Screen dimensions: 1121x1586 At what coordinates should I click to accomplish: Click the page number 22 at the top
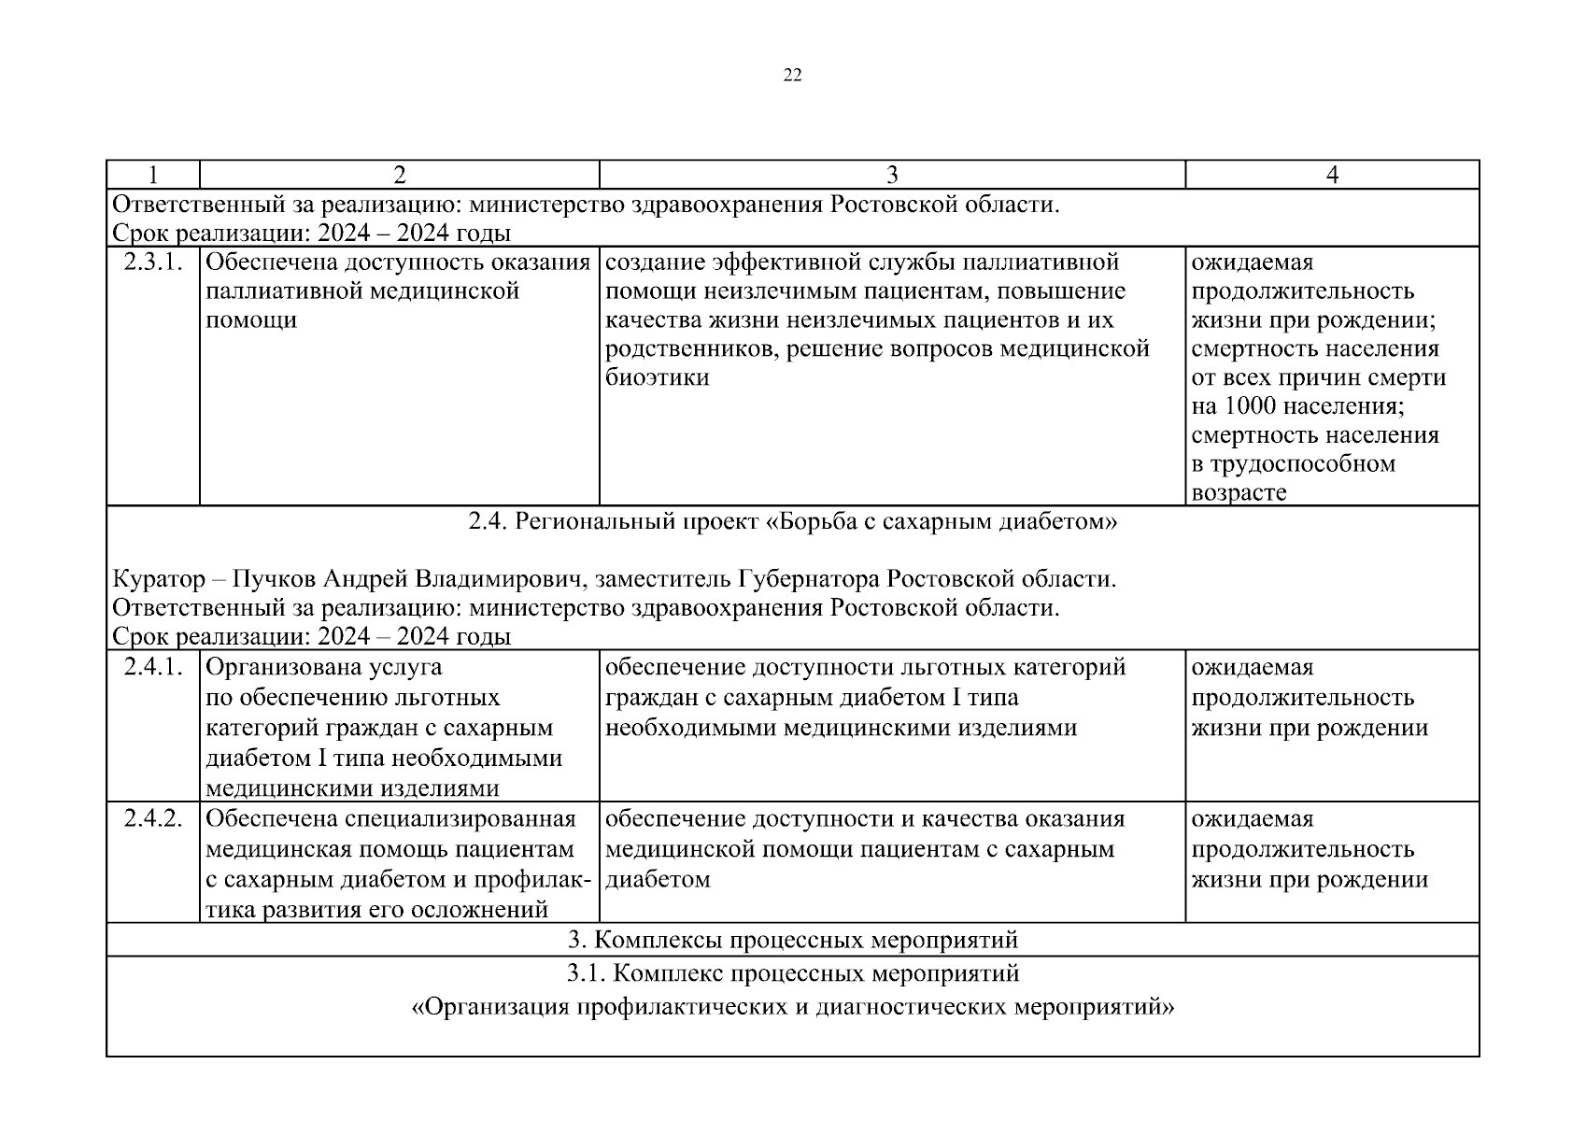pos(792,76)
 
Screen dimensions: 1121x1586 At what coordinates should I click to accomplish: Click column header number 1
pos(152,175)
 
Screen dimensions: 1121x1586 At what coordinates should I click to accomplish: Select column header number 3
pos(892,175)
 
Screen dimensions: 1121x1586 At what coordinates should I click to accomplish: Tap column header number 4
pos(1332,175)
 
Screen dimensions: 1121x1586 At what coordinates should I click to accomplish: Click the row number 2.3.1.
pos(152,263)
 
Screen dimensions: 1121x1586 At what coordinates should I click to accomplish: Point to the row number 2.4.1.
pos(152,667)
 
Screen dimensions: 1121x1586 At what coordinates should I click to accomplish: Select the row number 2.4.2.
pos(152,818)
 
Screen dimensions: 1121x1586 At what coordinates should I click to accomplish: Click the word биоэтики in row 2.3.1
pos(658,377)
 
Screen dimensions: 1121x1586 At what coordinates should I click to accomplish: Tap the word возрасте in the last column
pos(1239,492)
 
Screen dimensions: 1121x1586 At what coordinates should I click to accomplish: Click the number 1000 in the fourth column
pos(1249,406)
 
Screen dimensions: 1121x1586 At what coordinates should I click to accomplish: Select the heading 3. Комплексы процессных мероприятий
pos(792,940)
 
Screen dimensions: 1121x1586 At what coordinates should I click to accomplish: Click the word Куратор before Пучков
pos(159,579)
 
